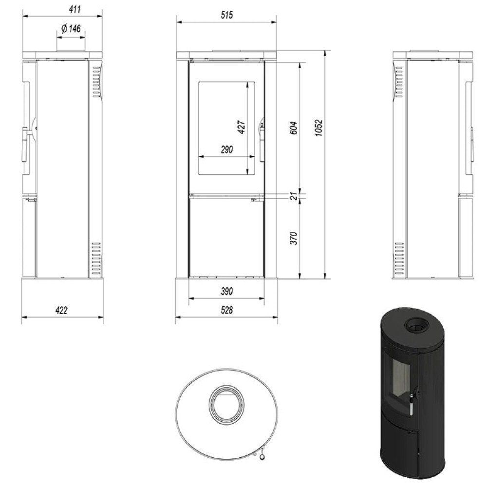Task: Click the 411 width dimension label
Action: pyautogui.click(x=75, y=9)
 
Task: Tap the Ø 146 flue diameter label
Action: pyautogui.click(x=71, y=29)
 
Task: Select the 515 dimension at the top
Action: pyautogui.click(x=227, y=15)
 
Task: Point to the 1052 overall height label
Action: pyautogui.click(x=318, y=128)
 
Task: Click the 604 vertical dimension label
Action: pyautogui.click(x=294, y=128)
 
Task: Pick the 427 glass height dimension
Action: pyautogui.click(x=242, y=127)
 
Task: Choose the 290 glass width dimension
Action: pyautogui.click(x=227, y=150)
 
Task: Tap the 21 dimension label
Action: pyautogui.click(x=294, y=196)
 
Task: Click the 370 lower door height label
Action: pyautogui.click(x=294, y=238)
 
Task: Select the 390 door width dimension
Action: pyautogui.click(x=227, y=291)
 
